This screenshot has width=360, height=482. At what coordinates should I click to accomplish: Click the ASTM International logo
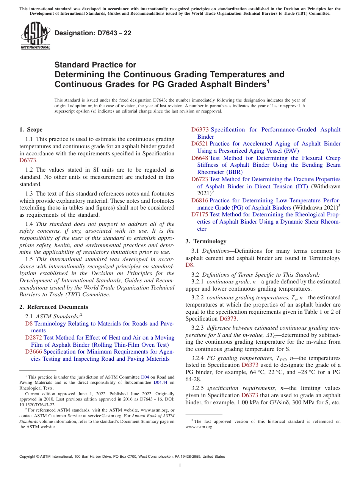35,36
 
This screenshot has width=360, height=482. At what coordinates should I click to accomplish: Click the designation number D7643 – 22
93,33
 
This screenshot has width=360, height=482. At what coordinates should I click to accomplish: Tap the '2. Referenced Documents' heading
53,307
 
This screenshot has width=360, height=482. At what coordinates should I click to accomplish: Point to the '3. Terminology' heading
206,241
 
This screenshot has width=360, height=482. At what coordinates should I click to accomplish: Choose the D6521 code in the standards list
200,144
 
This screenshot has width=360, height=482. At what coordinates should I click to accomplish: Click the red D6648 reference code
200,158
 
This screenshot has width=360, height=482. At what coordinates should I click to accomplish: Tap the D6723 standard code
200,179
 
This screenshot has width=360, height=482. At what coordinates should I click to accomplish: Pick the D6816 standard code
200,200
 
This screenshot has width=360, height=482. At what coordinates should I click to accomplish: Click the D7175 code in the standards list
200,214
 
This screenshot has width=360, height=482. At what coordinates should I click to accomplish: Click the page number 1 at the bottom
180,465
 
